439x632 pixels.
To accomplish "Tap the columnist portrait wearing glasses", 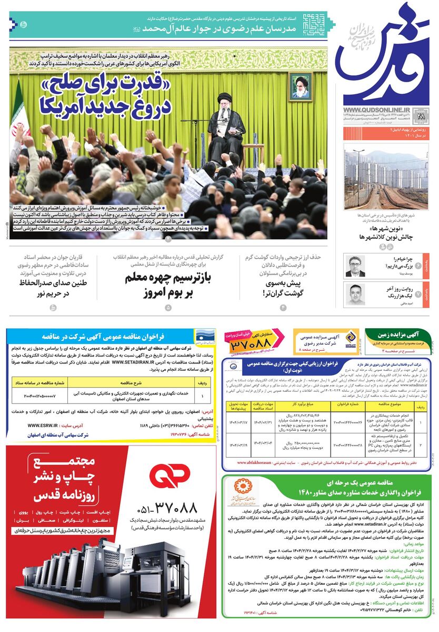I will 355,266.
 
